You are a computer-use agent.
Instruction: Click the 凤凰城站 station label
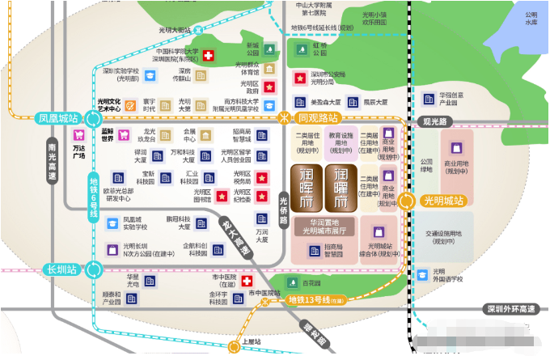point(58,118)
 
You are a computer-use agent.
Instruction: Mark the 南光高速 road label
point(53,163)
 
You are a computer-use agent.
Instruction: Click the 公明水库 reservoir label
point(531,19)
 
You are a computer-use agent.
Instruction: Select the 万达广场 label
point(78,152)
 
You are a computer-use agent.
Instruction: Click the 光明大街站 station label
point(174,30)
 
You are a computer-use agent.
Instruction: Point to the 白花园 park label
point(311,283)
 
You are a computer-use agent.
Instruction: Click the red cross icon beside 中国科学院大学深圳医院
point(209,56)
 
